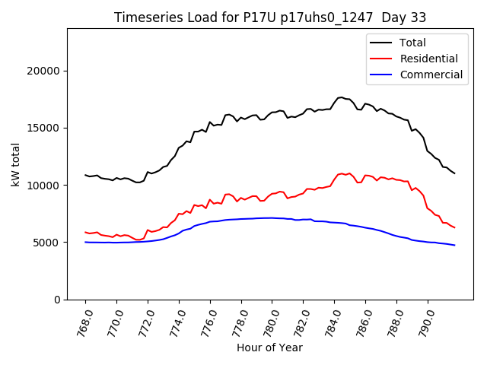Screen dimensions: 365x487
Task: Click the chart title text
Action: coord(270,17)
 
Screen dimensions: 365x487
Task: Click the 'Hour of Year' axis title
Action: coord(269,348)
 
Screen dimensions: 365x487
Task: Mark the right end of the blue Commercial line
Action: coord(454,245)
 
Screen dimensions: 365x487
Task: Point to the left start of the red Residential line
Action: coord(85,232)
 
